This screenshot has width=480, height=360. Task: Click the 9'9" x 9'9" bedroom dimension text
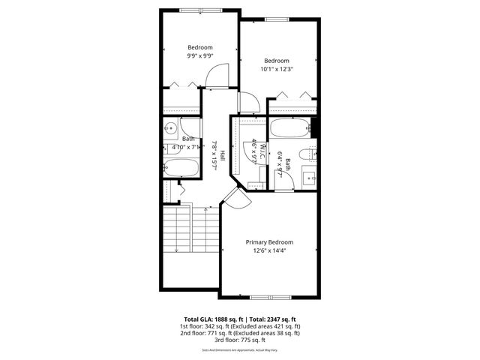pos(200,55)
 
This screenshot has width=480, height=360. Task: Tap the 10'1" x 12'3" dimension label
pos(277,69)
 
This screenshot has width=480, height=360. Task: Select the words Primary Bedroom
pos(270,242)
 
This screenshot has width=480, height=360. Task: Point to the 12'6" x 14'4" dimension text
pos(270,250)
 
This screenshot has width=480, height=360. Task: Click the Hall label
pos(223,153)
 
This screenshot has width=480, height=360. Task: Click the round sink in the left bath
pos(170,128)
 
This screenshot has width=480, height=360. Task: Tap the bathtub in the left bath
pos(180,169)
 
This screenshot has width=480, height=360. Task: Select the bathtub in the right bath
pos(290,128)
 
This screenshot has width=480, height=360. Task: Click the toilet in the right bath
pos(305,155)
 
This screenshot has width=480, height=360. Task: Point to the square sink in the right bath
pos(308,179)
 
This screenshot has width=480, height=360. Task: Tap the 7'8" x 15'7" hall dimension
pos(214,153)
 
